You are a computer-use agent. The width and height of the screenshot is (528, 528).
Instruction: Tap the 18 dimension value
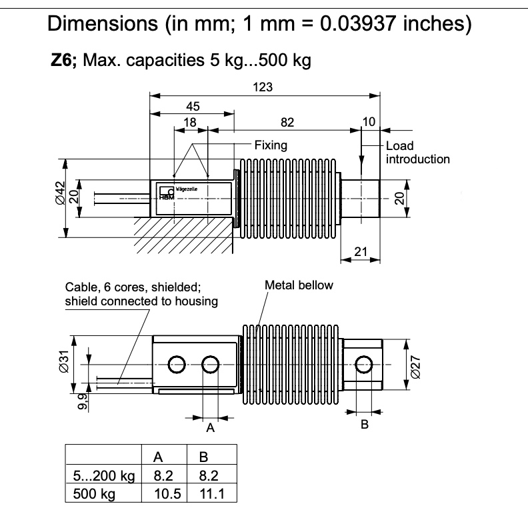coord(190,122)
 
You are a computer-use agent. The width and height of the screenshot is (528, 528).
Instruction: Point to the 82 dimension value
coord(287,122)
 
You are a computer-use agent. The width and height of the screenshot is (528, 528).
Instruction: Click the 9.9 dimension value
coord(81,402)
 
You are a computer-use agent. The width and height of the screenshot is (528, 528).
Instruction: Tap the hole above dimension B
coord(364,364)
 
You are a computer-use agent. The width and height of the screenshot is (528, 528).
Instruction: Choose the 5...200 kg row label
coord(103,476)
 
